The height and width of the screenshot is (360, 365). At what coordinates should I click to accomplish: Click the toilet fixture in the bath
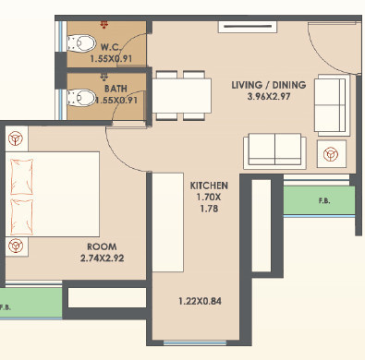click(x=80, y=95)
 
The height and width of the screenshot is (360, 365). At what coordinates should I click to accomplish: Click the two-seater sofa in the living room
click(x=274, y=150)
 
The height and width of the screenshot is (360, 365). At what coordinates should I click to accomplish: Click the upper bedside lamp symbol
click(x=15, y=138)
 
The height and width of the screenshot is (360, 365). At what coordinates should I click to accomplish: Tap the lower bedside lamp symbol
click(x=15, y=245)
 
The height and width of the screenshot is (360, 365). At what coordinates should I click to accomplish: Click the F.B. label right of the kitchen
click(x=324, y=200)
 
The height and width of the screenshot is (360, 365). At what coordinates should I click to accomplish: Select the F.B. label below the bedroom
click(x=6, y=306)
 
